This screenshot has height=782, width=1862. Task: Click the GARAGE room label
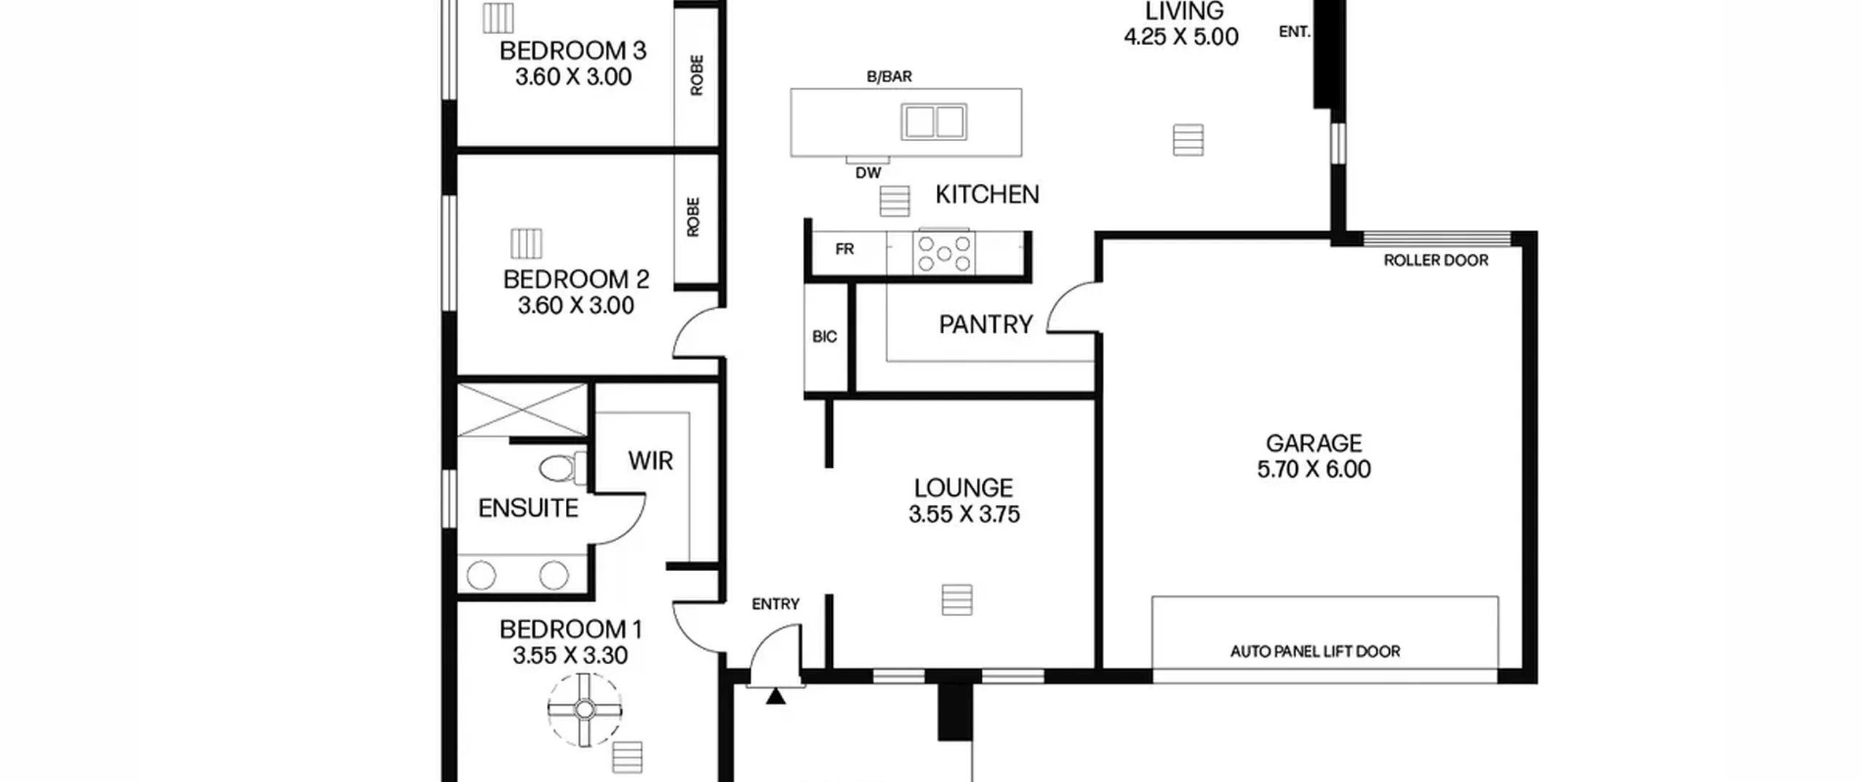click(x=1314, y=443)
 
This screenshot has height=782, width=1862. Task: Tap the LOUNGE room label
click(x=964, y=487)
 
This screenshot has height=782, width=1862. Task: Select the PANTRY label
click(x=986, y=324)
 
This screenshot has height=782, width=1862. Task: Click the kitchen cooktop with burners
click(x=944, y=253)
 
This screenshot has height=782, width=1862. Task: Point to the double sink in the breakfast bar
click(x=934, y=121)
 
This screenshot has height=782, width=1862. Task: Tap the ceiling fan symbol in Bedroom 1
click(x=585, y=709)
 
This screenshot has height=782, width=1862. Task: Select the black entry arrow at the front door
click(x=775, y=696)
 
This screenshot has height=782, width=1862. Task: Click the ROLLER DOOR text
click(x=1436, y=260)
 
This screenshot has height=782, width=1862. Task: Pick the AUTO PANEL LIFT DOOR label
click(x=1315, y=651)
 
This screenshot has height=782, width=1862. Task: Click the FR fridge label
click(x=844, y=250)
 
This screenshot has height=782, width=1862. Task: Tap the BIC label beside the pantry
click(x=824, y=337)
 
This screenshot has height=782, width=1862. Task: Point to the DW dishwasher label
click(x=868, y=173)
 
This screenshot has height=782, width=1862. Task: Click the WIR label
click(x=651, y=461)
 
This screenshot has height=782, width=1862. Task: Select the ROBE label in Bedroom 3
click(x=697, y=75)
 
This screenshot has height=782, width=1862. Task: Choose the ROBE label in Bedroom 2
click(x=693, y=217)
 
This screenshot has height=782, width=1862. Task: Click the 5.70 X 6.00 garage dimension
click(x=1314, y=469)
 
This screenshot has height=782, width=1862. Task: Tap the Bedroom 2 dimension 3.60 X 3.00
click(x=576, y=306)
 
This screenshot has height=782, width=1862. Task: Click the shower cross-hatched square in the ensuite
click(x=522, y=410)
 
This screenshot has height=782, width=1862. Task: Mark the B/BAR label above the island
click(x=889, y=76)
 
